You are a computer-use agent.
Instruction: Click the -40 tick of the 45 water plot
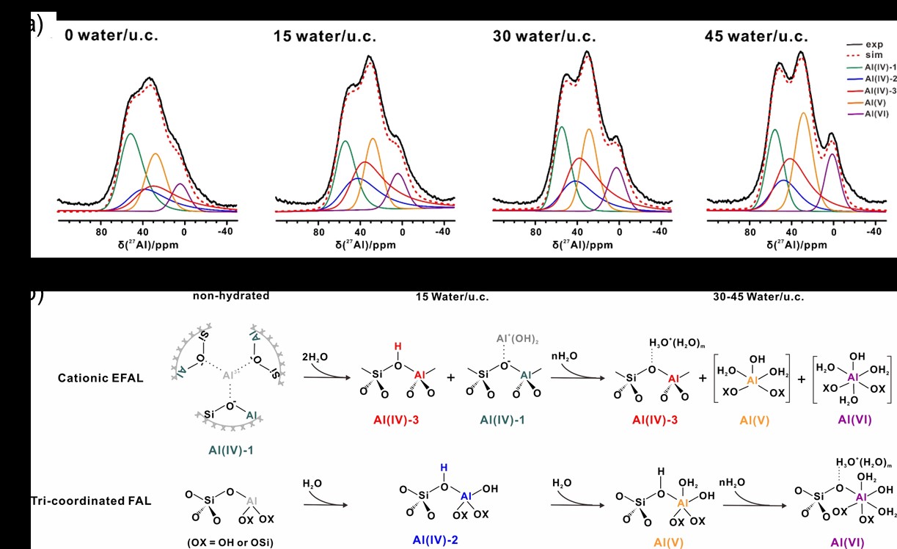pyautogui.click(x=873, y=232)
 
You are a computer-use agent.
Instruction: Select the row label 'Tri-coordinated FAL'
pyautogui.click(x=92, y=501)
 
